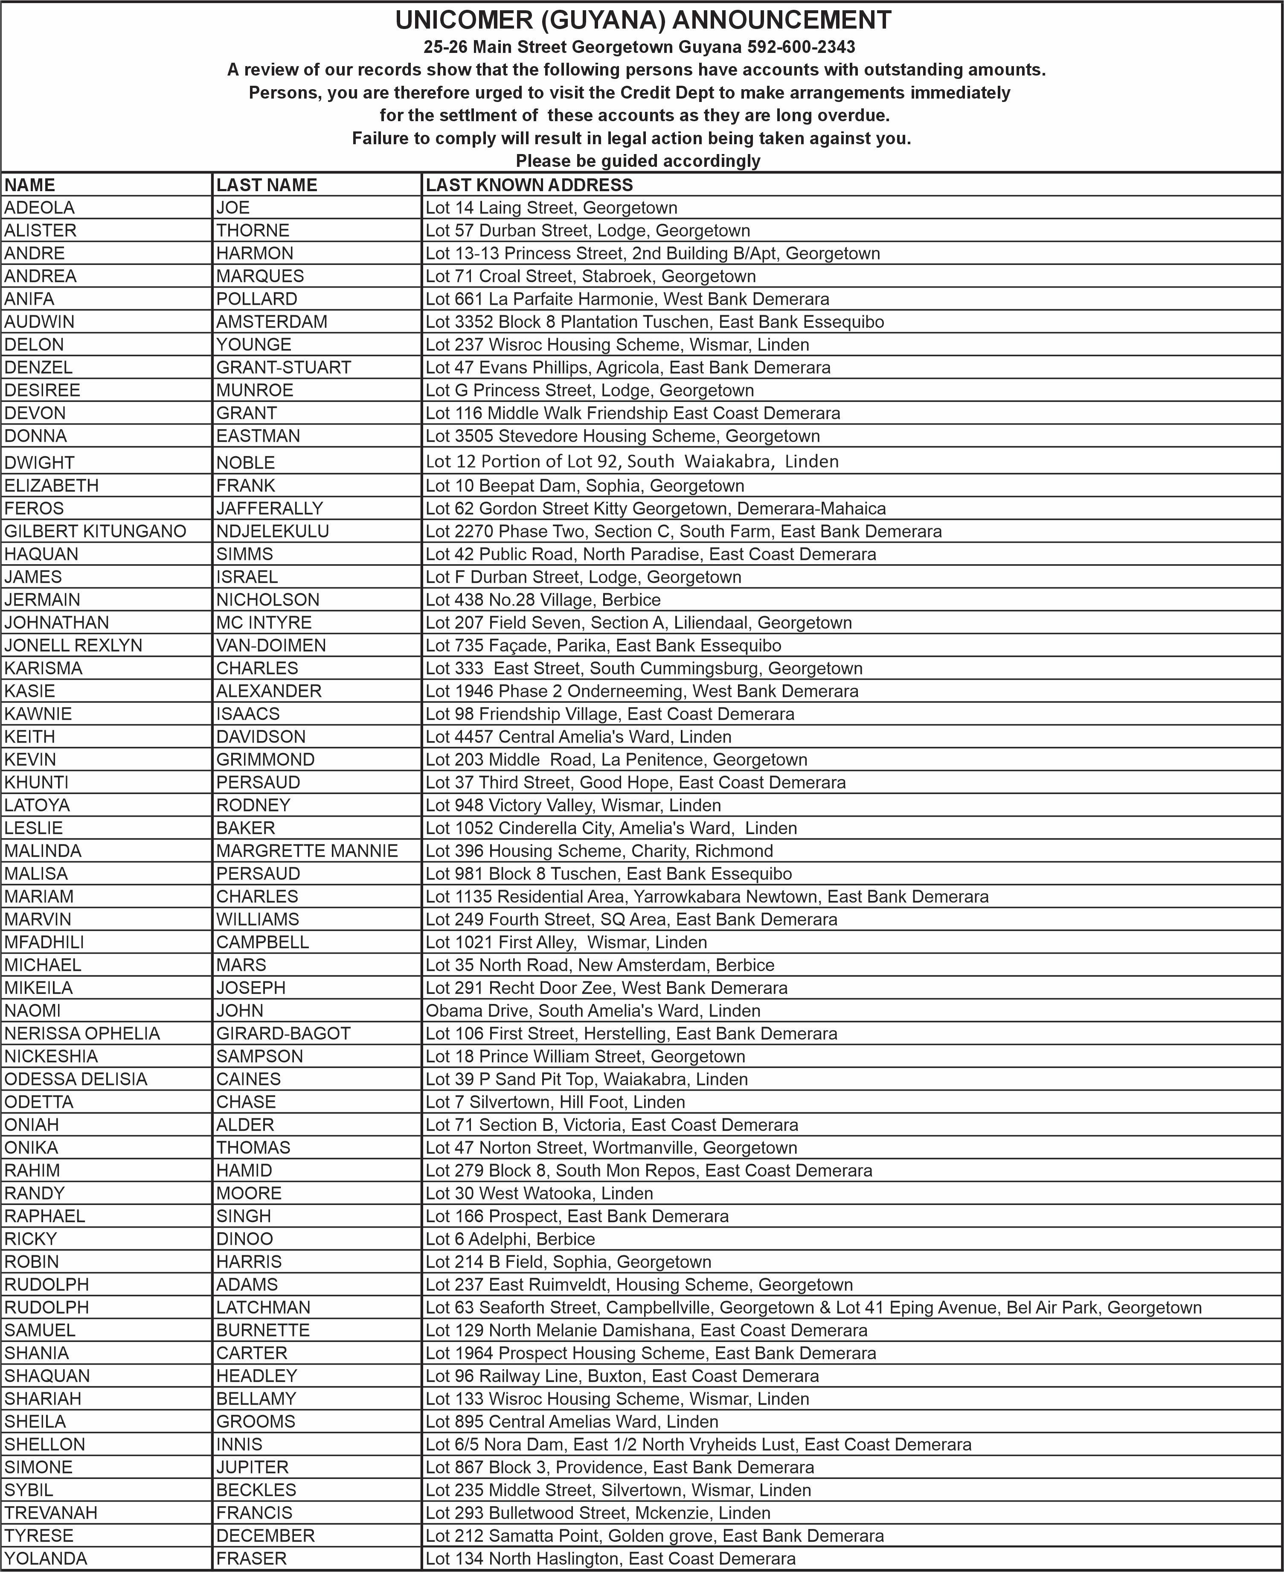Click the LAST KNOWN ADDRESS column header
529,185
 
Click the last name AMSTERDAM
271,322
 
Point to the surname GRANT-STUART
283,368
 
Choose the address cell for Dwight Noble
632,462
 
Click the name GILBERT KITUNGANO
95,531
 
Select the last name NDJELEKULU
272,531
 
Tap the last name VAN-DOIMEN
271,645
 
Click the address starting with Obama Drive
593,1010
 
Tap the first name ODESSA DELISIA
76,1079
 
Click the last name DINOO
244,1239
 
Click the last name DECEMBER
265,1536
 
